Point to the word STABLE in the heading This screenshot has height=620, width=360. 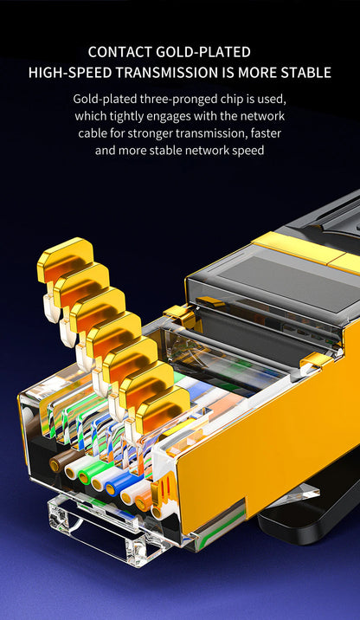pyautogui.click(x=302, y=73)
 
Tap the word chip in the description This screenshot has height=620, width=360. pyautogui.click(x=224, y=99)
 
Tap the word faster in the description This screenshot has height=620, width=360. pyautogui.click(x=265, y=133)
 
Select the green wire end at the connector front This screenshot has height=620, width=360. pyautogui.click(x=87, y=475)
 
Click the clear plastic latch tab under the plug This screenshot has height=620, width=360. pyautogui.click(x=95, y=528)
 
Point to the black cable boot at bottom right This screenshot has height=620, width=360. pyautogui.click(x=312, y=511)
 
